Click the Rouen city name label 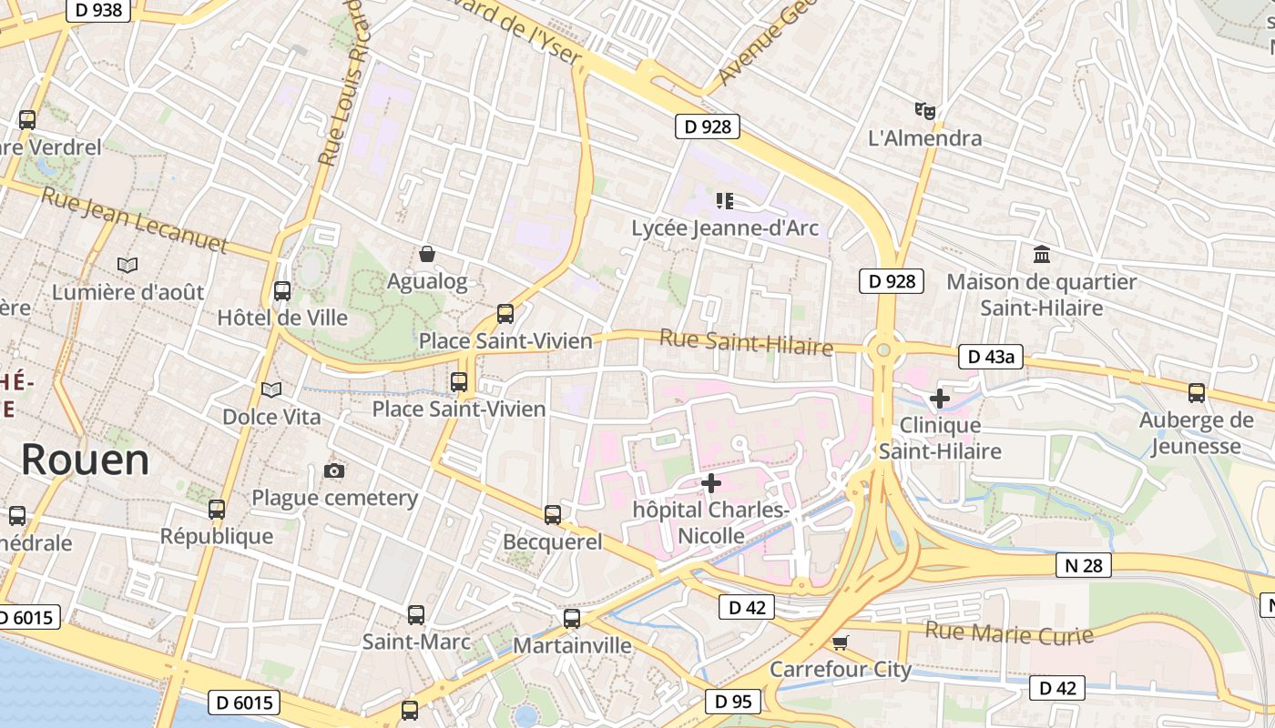click(85, 460)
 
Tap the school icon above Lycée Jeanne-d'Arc click(725, 200)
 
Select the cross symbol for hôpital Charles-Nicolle click(711, 482)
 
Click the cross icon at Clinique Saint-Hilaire click(939, 399)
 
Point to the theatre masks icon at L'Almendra click(925, 111)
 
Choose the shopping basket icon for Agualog click(426, 254)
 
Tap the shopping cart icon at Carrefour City click(840, 642)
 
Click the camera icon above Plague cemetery click(334, 470)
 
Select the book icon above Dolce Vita click(271, 389)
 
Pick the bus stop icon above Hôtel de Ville click(282, 291)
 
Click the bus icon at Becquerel click(553, 515)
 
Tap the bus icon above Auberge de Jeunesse click(1196, 393)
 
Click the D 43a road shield click(991, 357)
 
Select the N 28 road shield click(1084, 565)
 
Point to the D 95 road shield click(732, 701)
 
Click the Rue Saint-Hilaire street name click(746, 343)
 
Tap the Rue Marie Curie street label click(1009, 632)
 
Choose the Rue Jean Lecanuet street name click(135, 219)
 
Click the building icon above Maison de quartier click(1041, 255)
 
